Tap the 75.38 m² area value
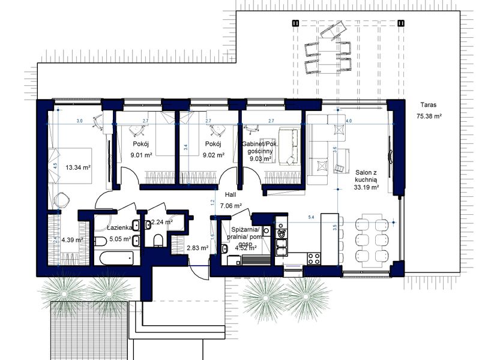(x=429, y=116)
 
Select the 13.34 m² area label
(x=77, y=168)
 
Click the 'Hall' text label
(x=230, y=195)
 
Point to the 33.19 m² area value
(x=366, y=187)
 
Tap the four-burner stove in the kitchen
(x=315, y=259)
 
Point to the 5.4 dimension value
(x=310, y=217)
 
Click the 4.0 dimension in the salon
(x=349, y=121)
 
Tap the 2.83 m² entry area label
(x=197, y=247)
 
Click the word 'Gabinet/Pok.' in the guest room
(x=258, y=144)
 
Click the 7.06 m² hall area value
(x=230, y=206)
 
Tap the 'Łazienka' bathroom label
(x=119, y=229)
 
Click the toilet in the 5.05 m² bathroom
(x=100, y=242)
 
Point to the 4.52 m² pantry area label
(x=246, y=247)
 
